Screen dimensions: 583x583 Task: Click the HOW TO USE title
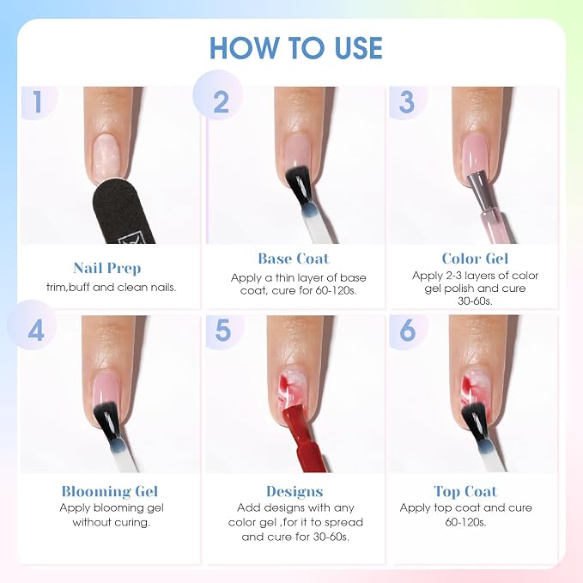click(296, 48)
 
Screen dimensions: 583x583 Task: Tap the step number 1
click(37, 101)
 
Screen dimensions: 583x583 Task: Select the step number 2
click(222, 101)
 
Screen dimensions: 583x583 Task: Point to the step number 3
click(406, 101)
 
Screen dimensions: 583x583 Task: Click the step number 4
click(36, 331)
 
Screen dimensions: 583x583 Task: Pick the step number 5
click(222, 331)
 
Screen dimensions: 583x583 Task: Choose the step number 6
click(408, 331)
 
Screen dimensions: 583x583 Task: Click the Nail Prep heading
click(107, 269)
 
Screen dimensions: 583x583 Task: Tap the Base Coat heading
click(294, 258)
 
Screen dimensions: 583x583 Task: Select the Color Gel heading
click(475, 258)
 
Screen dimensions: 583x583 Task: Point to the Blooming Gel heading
click(110, 491)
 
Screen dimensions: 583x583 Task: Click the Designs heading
click(295, 492)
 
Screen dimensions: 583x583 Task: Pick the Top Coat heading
click(465, 491)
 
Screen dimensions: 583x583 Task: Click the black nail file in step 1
click(121, 212)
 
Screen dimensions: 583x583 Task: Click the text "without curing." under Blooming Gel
click(111, 522)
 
